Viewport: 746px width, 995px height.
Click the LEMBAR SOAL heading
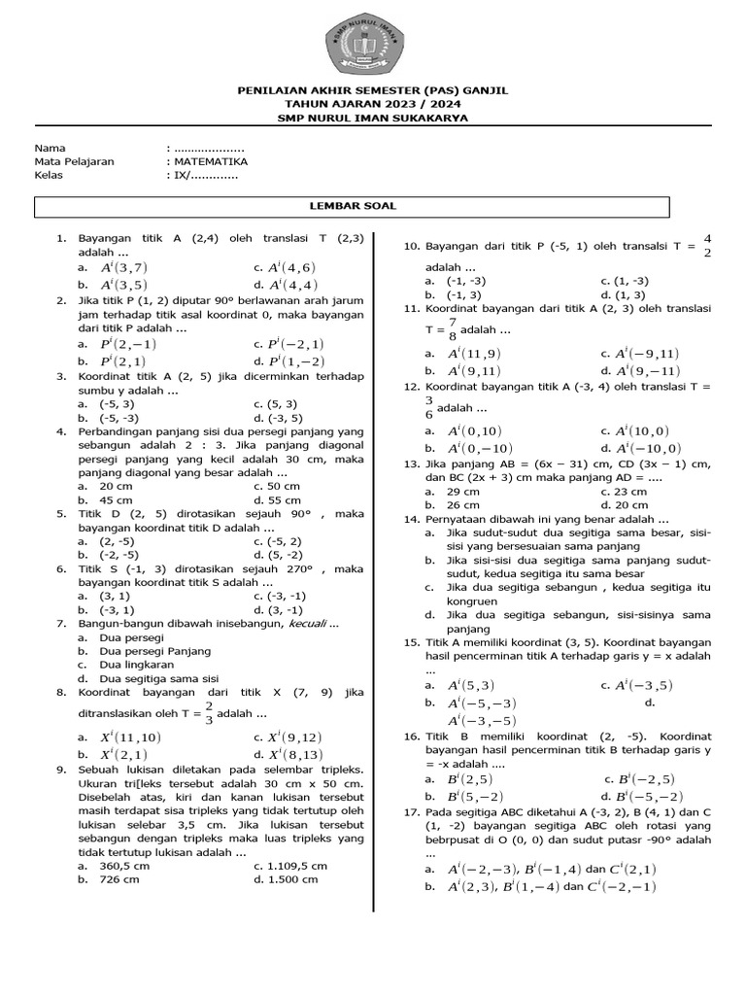pos(353,206)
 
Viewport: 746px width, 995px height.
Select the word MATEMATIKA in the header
pos(211,161)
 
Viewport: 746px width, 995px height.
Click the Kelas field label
pos(50,175)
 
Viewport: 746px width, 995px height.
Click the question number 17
pos(411,811)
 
